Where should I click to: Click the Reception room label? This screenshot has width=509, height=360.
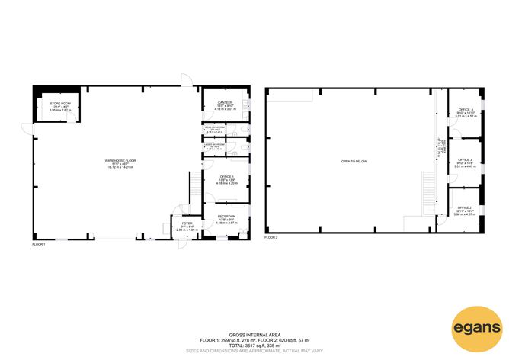(x=226, y=217)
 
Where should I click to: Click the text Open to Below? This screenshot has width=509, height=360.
(x=355, y=161)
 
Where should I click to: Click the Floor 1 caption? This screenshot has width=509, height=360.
(x=40, y=244)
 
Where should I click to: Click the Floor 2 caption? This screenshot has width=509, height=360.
(x=271, y=238)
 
